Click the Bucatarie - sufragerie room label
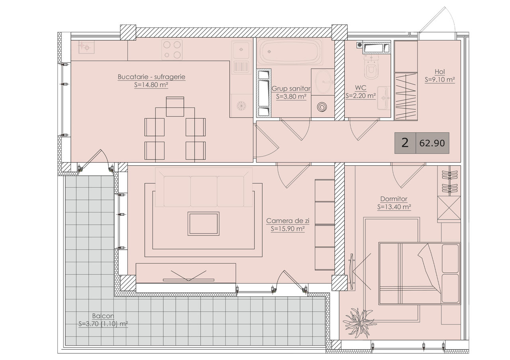(x=151, y=77)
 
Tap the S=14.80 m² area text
(x=151, y=85)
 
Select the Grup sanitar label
(x=291, y=88)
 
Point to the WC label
(x=361, y=88)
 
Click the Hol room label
(x=439, y=72)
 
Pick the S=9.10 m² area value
(x=439, y=80)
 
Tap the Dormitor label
(x=394, y=199)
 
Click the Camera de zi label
(x=288, y=221)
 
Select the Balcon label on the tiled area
(x=103, y=316)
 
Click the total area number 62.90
(x=432, y=143)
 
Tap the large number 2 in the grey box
(x=405, y=143)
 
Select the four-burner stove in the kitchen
(x=172, y=50)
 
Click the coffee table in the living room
(x=203, y=224)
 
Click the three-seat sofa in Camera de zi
(x=204, y=187)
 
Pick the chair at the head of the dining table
(x=175, y=107)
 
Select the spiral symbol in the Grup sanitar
(x=322, y=106)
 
